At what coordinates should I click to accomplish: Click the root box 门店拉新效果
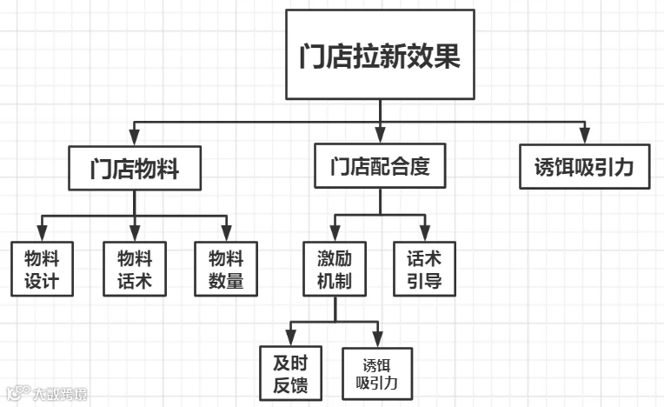click(x=380, y=55)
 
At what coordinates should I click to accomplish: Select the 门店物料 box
click(x=135, y=168)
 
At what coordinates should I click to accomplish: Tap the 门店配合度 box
click(x=380, y=165)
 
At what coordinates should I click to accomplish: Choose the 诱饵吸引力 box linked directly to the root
click(x=584, y=166)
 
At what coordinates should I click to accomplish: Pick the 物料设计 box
click(x=42, y=269)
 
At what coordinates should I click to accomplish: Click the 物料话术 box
click(x=135, y=269)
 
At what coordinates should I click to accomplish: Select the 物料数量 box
click(x=226, y=269)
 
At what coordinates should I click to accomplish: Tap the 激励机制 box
click(x=335, y=269)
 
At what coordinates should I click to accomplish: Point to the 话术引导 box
click(x=424, y=269)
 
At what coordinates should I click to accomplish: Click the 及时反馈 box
click(x=290, y=373)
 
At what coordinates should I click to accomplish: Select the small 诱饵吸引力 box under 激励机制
click(x=377, y=374)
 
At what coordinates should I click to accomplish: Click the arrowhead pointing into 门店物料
click(x=134, y=137)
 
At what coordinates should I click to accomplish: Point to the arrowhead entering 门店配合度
click(x=380, y=135)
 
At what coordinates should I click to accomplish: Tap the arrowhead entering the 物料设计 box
click(x=42, y=233)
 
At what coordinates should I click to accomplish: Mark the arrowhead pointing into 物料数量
click(x=227, y=233)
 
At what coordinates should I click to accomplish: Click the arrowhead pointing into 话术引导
click(x=425, y=233)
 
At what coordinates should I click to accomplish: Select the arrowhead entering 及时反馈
click(x=290, y=337)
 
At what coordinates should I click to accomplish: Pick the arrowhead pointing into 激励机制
click(x=335, y=233)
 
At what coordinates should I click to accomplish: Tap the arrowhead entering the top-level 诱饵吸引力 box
click(x=585, y=136)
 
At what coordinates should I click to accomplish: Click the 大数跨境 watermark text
click(x=60, y=394)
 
